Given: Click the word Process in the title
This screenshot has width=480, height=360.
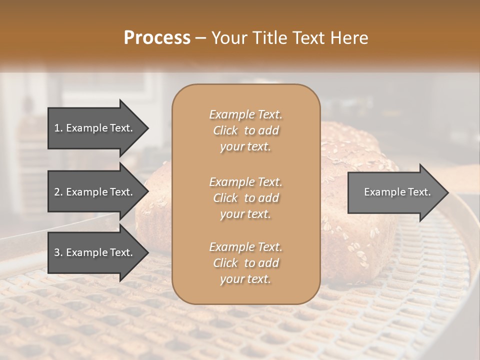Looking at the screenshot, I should click(x=157, y=38).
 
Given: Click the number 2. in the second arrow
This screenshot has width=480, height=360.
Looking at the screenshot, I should click(x=58, y=192).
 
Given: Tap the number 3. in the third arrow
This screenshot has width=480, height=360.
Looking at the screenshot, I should click(x=58, y=252).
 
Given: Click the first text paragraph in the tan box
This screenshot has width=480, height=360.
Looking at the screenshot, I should click(x=245, y=130).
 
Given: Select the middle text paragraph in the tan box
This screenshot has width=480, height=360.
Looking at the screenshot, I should click(x=245, y=198).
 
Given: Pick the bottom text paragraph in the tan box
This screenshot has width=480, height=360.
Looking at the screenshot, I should click(x=245, y=263).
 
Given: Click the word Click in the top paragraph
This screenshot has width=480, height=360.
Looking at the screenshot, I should click(x=225, y=130).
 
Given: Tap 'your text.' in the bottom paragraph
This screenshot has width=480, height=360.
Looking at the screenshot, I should click(x=245, y=279).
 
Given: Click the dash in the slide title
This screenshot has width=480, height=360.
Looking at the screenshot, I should click(x=201, y=38).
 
